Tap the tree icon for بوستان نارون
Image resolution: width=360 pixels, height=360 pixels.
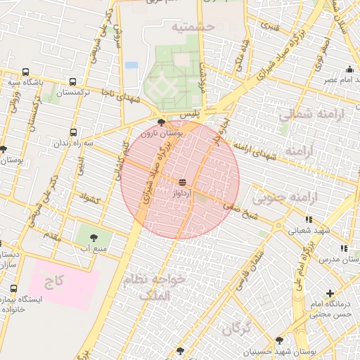click(x=162, y=122)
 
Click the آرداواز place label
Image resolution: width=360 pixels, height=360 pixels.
click(x=181, y=191)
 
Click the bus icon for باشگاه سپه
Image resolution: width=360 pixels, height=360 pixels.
click(x=26, y=72)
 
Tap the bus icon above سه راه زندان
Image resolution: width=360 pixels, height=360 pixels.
click(x=74, y=132)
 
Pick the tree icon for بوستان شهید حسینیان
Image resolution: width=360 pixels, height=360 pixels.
click(x=280, y=340)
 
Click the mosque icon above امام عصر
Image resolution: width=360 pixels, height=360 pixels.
click(x=349, y=69)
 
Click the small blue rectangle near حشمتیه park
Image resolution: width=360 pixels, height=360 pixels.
click(x=131, y=65)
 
